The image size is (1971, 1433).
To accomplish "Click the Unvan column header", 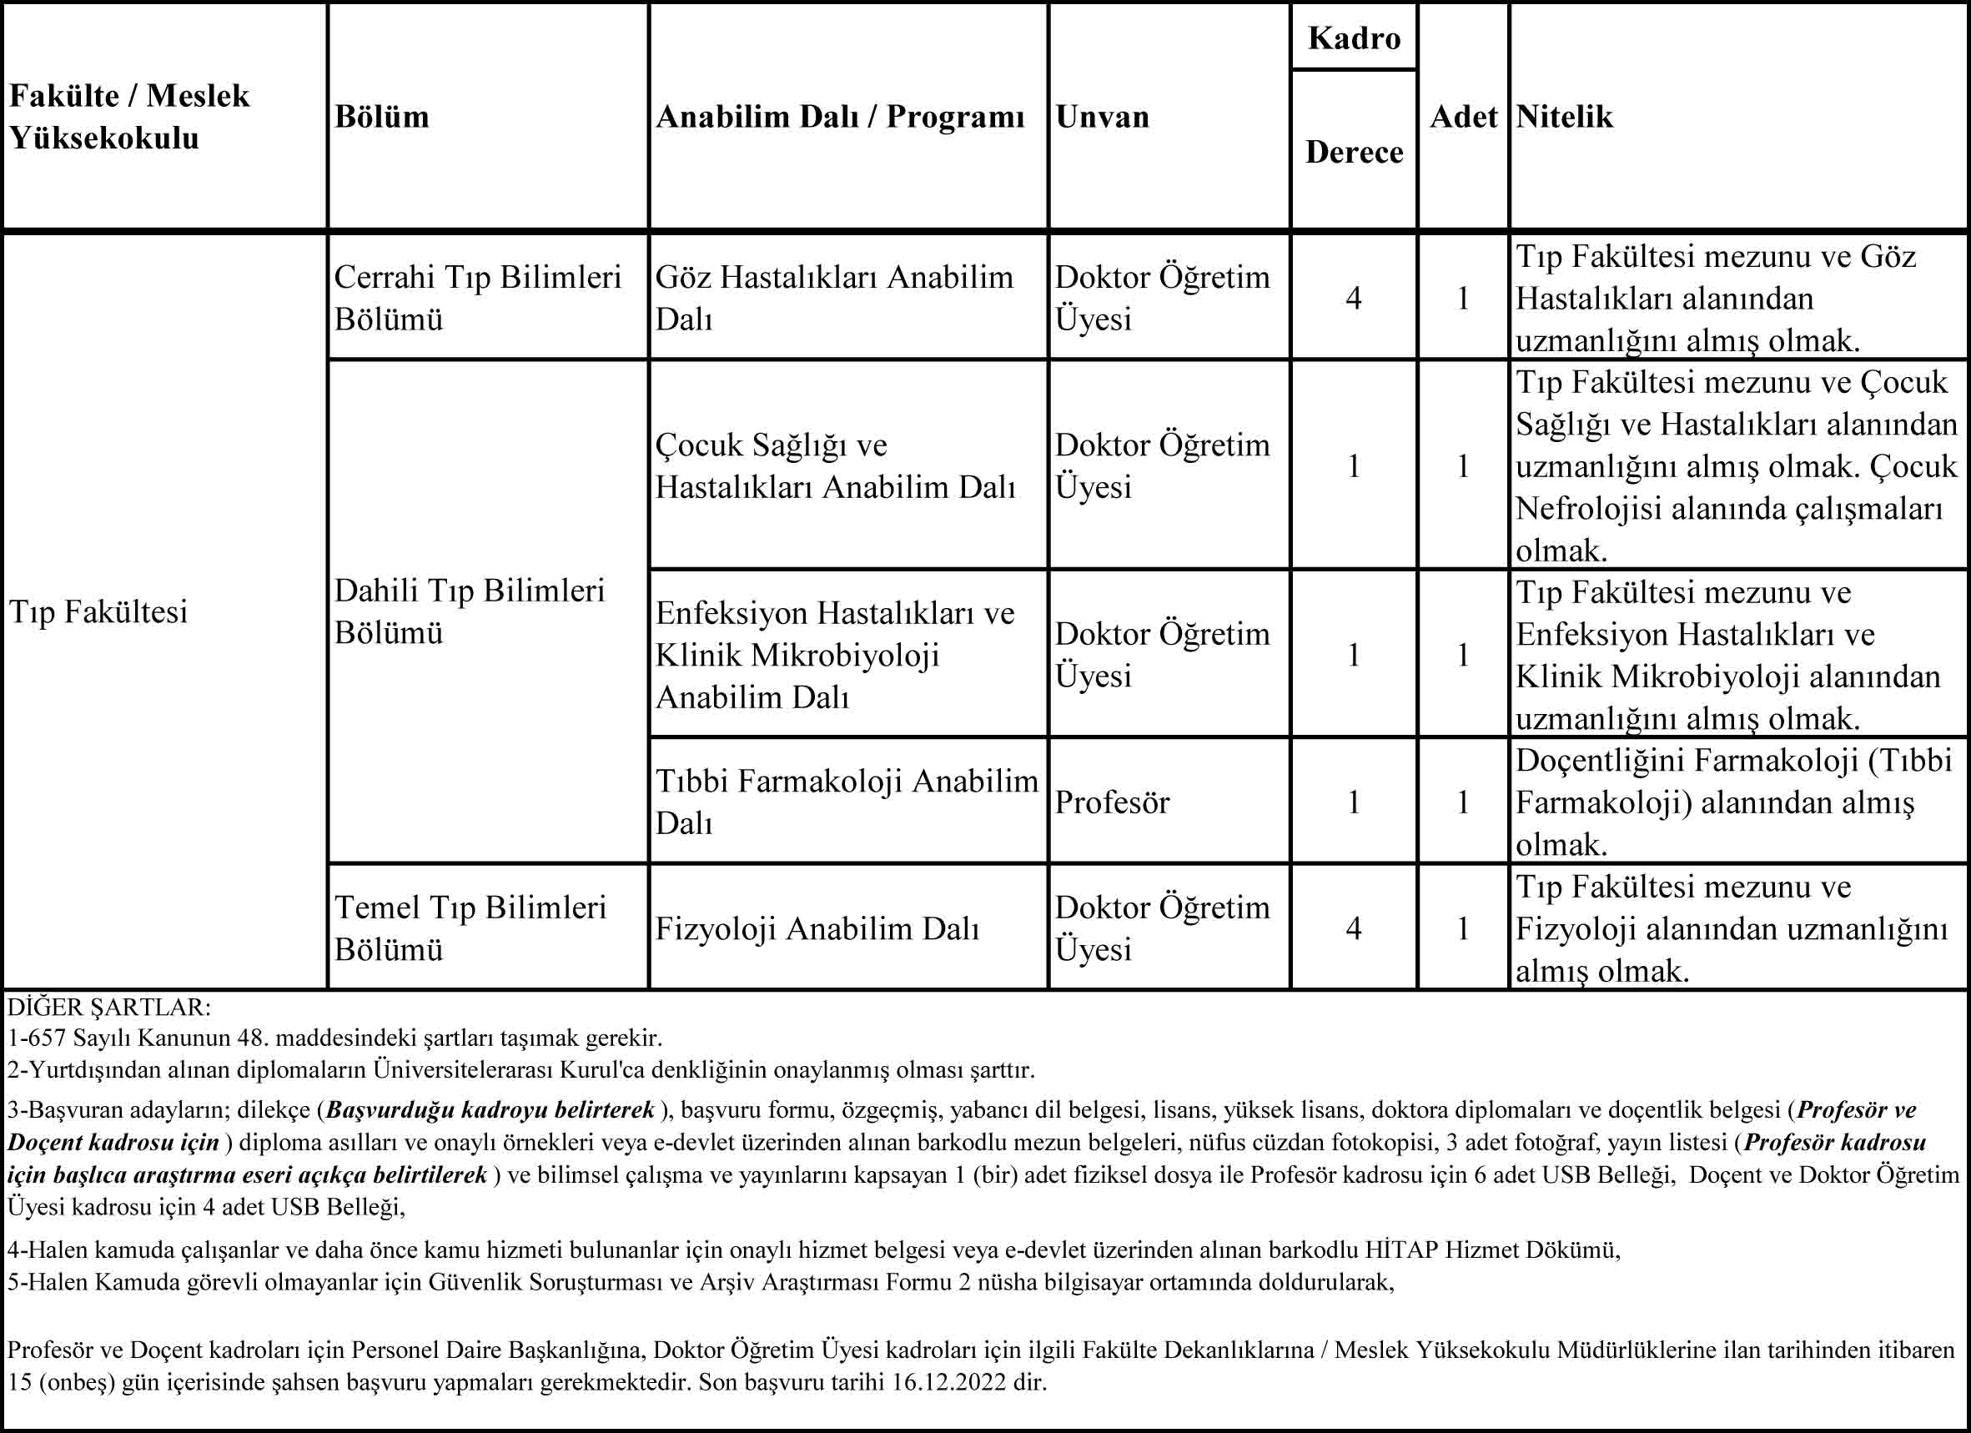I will click(1102, 117).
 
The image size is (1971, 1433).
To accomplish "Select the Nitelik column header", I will click(1564, 117).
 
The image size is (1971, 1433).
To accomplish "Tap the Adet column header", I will click(1464, 117).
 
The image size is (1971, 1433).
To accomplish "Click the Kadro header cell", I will click(1354, 38).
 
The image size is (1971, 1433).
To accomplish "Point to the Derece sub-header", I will click(1354, 152).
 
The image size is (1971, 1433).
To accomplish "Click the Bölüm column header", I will click(381, 117).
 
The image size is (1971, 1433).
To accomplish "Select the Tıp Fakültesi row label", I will click(98, 611).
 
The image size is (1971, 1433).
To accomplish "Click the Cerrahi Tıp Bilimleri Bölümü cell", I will click(477, 298).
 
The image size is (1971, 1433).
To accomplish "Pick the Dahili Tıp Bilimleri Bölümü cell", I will click(470, 611).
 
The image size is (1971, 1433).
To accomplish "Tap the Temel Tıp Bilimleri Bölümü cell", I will click(470, 928).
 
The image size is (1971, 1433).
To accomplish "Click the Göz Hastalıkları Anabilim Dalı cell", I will click(833, 298).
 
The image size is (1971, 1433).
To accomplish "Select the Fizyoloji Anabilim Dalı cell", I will click(817, 929).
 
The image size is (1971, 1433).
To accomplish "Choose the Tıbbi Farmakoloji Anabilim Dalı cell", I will click(847, 802).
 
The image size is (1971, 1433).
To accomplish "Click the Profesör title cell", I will click(1112, 802).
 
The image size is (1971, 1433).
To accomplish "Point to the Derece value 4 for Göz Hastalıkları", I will click(1353, 299).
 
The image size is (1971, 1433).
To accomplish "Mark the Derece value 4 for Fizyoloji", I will click(1353, 929).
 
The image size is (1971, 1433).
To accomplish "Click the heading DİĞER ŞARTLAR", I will click(108, 1008).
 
